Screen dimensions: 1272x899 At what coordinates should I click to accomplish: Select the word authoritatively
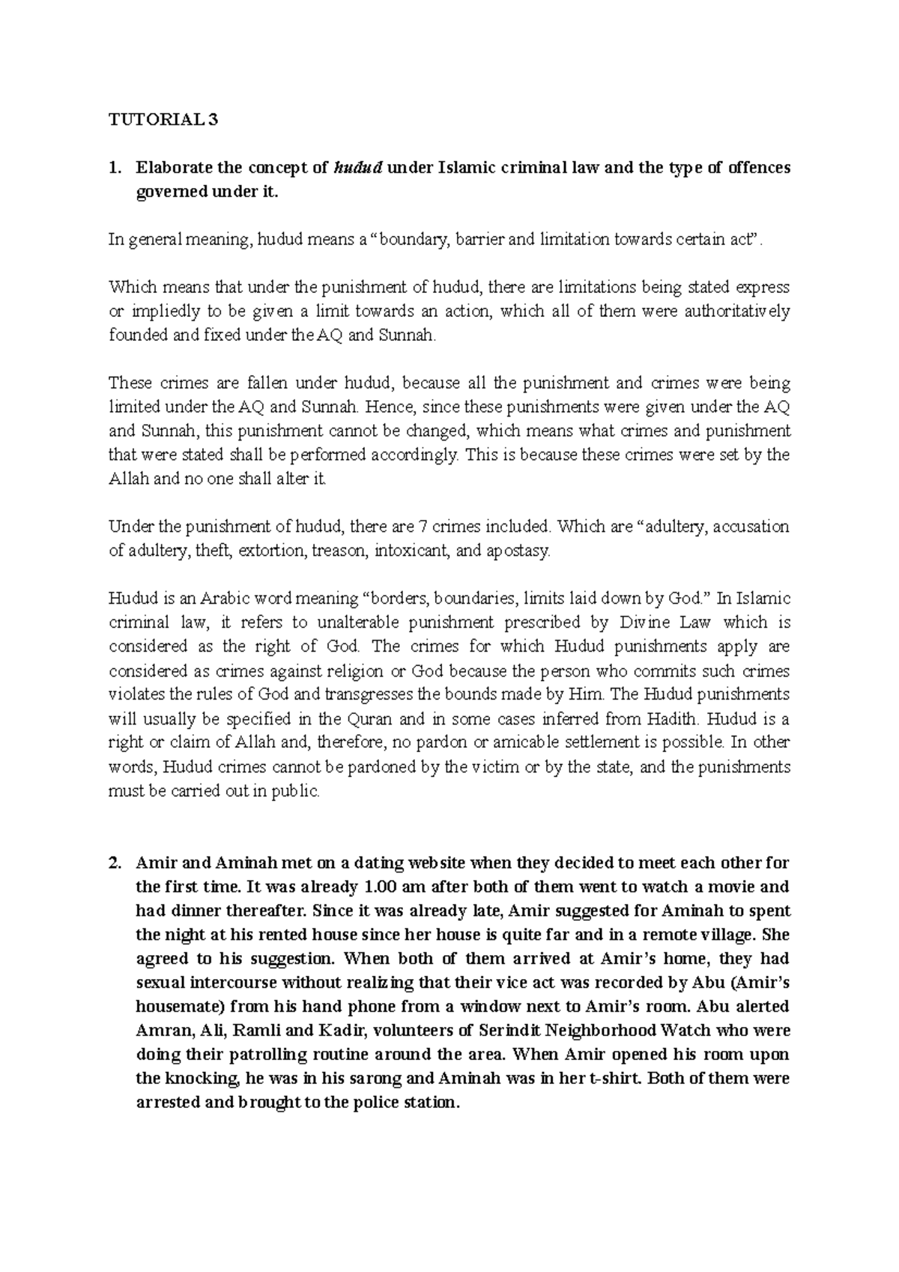point(737,311)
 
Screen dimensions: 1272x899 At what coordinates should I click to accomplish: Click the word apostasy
point(518,551)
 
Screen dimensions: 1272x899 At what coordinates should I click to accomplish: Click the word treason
point(337,551)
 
